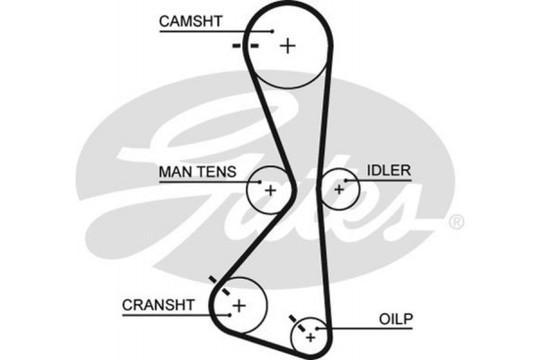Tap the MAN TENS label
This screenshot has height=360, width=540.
[197, 171]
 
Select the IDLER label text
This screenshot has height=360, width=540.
[388, 170]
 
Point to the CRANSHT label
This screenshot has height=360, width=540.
[158, 305]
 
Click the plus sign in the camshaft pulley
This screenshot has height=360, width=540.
[287, 44]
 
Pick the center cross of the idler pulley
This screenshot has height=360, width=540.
[339, 189]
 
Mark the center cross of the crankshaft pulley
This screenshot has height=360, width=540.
[238, 306]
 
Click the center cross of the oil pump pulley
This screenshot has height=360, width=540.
[310, 337]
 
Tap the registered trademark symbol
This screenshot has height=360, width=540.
[456, 221]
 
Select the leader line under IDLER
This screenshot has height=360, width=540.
[382, 181]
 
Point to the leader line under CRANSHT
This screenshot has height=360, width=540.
[166, 316]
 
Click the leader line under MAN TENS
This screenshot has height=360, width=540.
[202, 181]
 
